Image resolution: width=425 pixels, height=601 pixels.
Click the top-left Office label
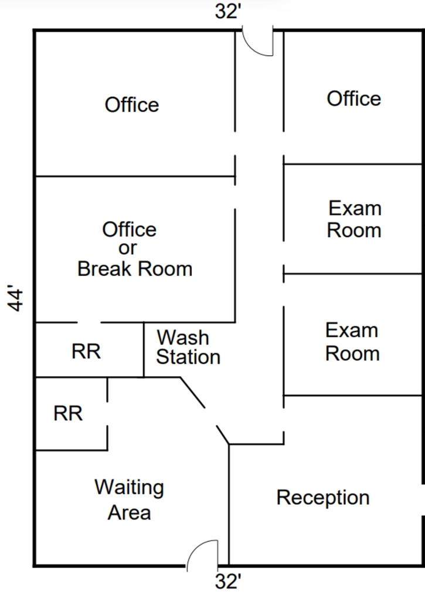[132, 105]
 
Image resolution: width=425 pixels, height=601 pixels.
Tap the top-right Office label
[353, 98]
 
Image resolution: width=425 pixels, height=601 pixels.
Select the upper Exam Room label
[354, 219]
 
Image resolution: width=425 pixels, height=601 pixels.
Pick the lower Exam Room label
[352, 342]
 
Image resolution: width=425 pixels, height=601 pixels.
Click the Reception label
[323, 498]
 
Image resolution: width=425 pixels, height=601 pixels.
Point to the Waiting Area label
[130, 499]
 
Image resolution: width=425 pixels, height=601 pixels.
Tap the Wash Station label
[188, 347]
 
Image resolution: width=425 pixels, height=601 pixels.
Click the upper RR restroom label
[86, 352]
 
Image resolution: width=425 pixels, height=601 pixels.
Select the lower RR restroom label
[68, 413]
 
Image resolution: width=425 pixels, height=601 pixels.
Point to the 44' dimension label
[18, 299]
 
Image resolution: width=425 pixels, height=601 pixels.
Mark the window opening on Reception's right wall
[423, 499]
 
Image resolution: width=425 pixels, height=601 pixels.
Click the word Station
[188, 357]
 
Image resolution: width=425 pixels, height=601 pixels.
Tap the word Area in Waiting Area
[130, 512]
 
